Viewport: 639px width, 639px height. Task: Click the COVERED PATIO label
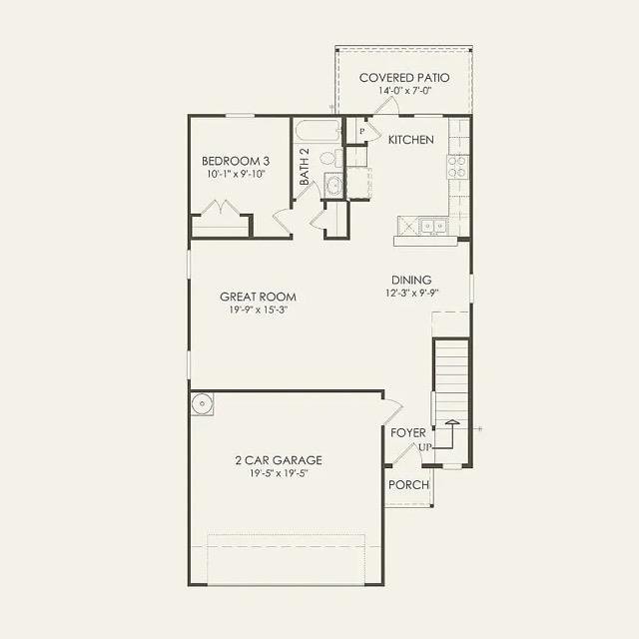coord(403,77)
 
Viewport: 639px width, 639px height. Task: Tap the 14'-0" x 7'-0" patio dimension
coord(403,91)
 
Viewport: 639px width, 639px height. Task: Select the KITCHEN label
coord(410,140)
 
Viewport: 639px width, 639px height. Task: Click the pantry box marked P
coord(361,131)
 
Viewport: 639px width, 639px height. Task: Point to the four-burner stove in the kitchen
coord(457,167)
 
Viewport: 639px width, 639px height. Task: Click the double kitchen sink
coord(432,226)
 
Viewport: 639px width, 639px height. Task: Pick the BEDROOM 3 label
coord(236,161)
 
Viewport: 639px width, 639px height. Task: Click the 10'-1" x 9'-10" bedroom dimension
coord(236,175)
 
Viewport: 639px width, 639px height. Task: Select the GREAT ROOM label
coord(258,297)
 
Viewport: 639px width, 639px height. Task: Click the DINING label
coord(410,280)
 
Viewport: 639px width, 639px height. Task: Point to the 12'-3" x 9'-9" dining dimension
coord(410,294)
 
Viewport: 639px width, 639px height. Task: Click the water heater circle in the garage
coord(203,404)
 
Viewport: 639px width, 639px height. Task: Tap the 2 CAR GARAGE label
coord(278,460)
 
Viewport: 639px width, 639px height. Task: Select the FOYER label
coord(408,433)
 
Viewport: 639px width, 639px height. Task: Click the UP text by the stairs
coord(424,447)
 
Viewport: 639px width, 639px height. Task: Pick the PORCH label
coord(409,485)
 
